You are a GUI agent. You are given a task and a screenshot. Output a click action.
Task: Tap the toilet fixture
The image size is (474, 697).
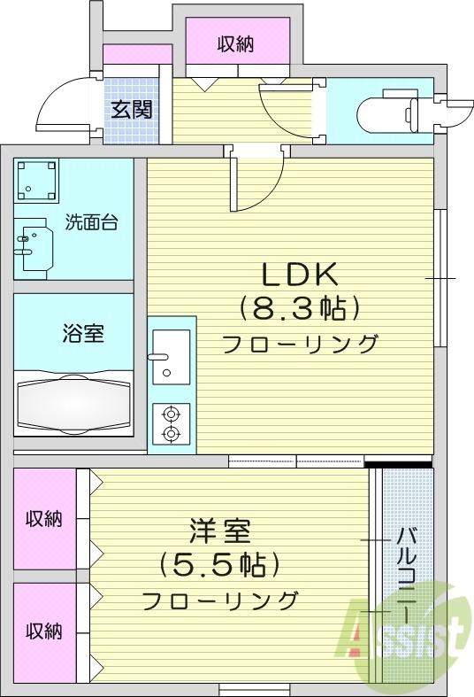pyautogui.click(x=389, y=113)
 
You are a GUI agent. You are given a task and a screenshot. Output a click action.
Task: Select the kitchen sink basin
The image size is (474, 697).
pyautogui.click(x=171, y=355)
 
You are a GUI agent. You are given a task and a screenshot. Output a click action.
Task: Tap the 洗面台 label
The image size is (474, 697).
pyautogui.click(x=91, y=222)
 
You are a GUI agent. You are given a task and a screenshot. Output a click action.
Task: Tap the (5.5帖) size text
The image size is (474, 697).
pyautogui.click(x=219, y=564)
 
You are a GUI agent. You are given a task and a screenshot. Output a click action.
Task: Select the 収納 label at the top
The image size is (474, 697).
pyautogui.click(x=235, y=44)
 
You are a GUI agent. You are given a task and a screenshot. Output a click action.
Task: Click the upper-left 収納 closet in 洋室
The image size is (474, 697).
pyautogui.click(x=43, y=518)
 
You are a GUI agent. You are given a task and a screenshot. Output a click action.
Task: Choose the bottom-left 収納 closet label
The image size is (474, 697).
pyautogui.click(x=43, y=631)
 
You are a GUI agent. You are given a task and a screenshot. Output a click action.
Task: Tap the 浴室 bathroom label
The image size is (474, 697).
pyautogui.click(x=83, y=334)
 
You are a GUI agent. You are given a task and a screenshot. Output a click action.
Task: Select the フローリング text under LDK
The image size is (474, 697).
pyautogui.click(x=300, y=344)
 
